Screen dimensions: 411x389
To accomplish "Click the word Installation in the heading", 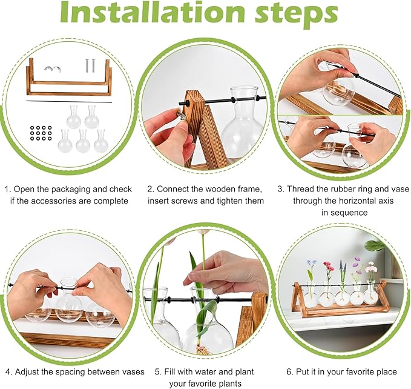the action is point(153,12).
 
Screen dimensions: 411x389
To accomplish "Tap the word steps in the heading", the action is point(296,15).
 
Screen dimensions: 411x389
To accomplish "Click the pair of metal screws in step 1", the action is point(90,65).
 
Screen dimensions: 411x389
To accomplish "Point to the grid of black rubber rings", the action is point(41,133).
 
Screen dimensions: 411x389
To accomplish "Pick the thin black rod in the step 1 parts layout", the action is point(69,102).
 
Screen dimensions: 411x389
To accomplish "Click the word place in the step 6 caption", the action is point(385,372).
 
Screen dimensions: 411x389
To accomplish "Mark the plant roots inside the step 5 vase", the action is point(202,350).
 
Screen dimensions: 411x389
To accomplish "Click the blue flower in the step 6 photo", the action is point(311,262).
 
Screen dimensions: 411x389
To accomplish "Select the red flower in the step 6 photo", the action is point(329,266).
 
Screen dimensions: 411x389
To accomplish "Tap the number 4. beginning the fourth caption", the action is point(9,372).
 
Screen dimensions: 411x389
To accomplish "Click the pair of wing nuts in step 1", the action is point(53,68).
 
